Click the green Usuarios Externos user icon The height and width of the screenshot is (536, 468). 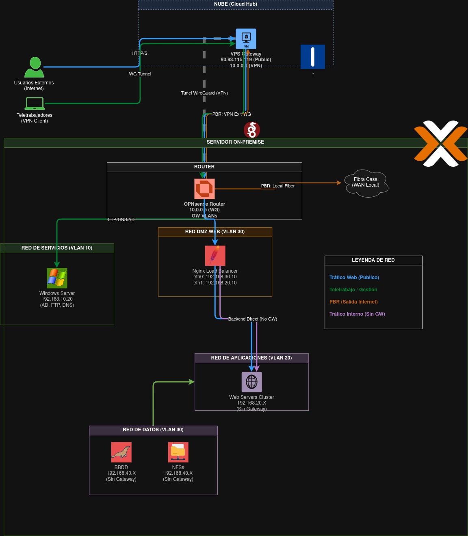(34, 67)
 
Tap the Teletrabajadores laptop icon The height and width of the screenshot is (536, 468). (35, 103)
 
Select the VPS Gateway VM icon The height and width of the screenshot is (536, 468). (246, 39)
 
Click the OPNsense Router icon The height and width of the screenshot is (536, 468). (204, 189)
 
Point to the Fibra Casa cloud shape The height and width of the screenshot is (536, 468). (366, 183)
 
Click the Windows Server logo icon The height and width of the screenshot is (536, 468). (57, 278)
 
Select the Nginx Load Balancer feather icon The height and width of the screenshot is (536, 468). (215, 256)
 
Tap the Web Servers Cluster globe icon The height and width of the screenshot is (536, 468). (251, 382)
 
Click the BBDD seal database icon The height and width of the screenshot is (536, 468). (121, 452)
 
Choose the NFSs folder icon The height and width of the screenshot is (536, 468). (178, 452)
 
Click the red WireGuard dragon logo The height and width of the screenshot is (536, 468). (251, 130)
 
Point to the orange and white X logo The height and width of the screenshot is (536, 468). (440, 144)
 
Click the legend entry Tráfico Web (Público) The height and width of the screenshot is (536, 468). (354, 278)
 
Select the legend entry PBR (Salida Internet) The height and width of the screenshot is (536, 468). (353, 302)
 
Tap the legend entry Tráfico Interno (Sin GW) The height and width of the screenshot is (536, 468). (357, 314)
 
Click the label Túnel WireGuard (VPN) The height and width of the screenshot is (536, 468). (204, 93)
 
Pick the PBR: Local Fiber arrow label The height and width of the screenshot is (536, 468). (277, 186)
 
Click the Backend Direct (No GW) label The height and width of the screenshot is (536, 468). (252, 319)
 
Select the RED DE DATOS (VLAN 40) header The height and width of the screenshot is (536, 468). (153, 430)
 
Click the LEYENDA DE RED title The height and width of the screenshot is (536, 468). (373, 260)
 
